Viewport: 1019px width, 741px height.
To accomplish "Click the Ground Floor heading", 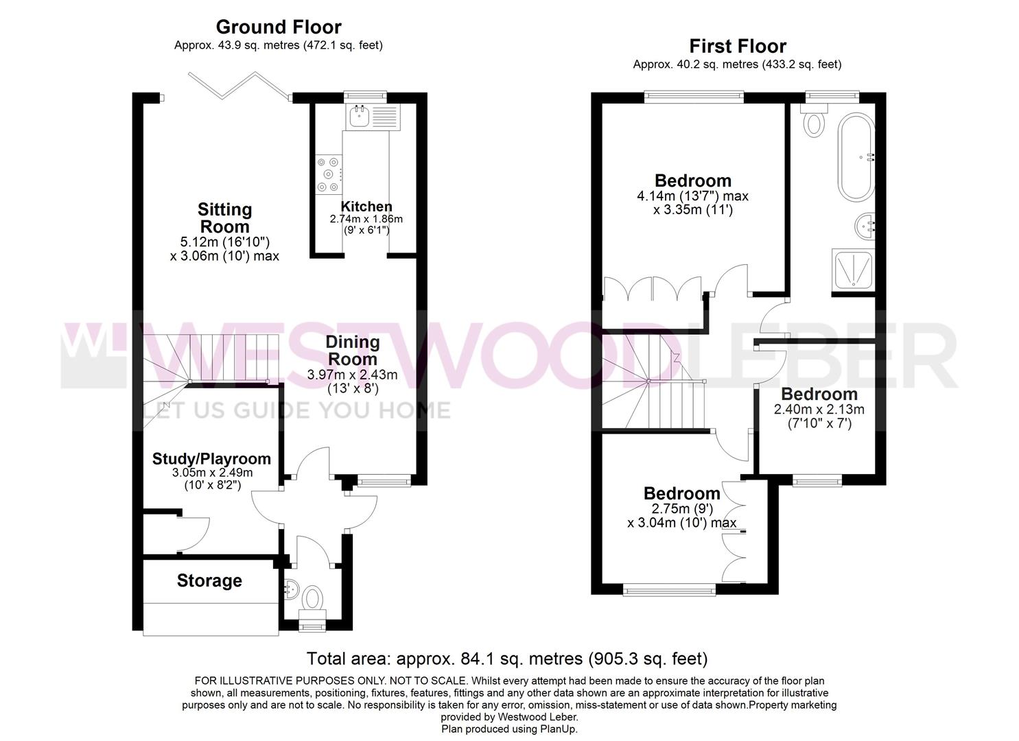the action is point(279,27).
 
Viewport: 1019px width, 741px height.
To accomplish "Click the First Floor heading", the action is point(738,47).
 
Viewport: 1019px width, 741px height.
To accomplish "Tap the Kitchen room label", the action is point(366,207).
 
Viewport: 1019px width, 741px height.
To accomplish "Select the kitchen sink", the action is point(373,117).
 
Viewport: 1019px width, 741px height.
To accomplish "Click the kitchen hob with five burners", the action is point(329,174).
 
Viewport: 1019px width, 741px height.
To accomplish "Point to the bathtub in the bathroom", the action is point(856,157).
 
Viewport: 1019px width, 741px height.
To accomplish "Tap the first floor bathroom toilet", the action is point(813,119).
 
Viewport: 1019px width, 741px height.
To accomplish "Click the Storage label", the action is point(209,581).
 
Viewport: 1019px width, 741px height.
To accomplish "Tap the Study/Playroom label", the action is point(211,459).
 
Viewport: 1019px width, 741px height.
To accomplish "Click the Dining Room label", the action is point(353,350).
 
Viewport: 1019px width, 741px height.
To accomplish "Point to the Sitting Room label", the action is point(224,218).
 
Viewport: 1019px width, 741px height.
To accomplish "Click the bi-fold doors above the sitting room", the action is point(239,86).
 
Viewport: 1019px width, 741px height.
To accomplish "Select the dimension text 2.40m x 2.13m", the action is point(819,410).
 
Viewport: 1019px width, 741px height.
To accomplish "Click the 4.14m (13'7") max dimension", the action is point(692,196).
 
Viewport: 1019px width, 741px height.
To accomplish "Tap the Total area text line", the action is point(507,658).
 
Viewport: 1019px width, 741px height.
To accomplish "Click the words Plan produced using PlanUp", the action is point(509,729).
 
